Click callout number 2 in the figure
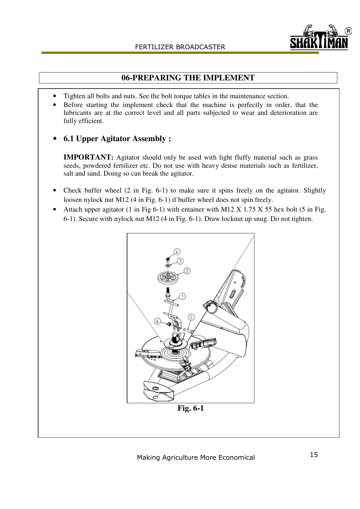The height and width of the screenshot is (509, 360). click(187, 271)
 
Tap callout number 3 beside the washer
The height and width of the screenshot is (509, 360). click(180, 261)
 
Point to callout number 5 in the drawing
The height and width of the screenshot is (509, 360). click(191, 317)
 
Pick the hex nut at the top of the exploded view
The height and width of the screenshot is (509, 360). click(167, 259)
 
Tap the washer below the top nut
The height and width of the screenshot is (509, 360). click(167, 265)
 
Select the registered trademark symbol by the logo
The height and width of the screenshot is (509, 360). click(348, 31)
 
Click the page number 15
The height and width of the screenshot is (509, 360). click(314, 455)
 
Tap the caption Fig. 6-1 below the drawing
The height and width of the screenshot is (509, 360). click(191, 408)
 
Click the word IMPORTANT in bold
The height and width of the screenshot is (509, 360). click(88, 157)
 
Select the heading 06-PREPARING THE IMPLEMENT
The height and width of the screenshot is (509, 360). click(188, 78)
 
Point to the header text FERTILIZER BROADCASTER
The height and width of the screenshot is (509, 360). click(180, 47)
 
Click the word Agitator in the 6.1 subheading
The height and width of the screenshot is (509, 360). click(116, 139)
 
